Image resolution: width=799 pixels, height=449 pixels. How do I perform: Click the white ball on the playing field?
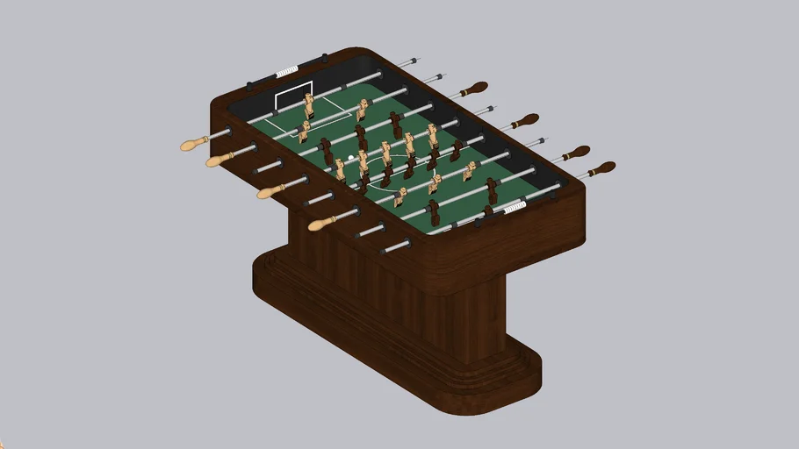(x=351, y=158)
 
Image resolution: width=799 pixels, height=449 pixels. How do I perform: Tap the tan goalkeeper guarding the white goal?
(x=309, y=105)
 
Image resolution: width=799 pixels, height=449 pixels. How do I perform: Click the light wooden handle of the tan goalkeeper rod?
(x=193, y=143)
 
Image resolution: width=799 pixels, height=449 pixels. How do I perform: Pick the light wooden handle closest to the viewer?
(x=322, y=224)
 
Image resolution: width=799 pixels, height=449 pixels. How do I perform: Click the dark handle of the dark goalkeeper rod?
(x=601, y=167)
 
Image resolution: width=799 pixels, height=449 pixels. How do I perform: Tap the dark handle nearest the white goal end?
(x=471, y=89)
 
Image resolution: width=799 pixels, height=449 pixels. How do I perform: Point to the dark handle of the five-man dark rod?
(x=525, y=120)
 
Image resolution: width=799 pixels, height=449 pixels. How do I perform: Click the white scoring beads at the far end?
(x=287, y=73)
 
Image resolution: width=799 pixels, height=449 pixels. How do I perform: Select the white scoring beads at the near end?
(x=513, y=207)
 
